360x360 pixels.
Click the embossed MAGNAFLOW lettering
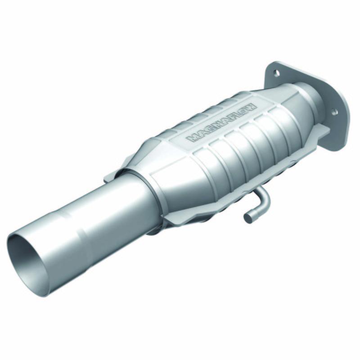[221, 123]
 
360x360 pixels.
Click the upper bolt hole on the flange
[276, 72]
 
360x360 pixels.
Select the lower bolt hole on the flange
[334, 111]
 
